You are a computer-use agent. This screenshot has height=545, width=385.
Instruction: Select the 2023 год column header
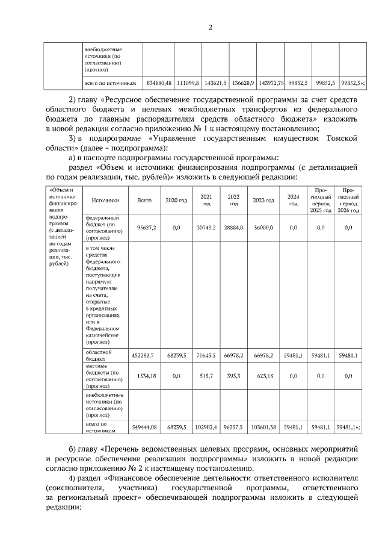263,200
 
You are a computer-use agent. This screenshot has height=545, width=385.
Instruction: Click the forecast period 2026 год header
349,200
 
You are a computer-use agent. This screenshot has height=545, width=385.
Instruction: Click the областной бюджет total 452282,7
143,356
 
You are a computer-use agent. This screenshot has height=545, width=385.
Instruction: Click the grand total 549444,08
144,427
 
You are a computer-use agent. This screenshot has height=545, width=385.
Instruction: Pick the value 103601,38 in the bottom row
263,427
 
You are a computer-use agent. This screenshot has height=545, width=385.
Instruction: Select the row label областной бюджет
99,353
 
